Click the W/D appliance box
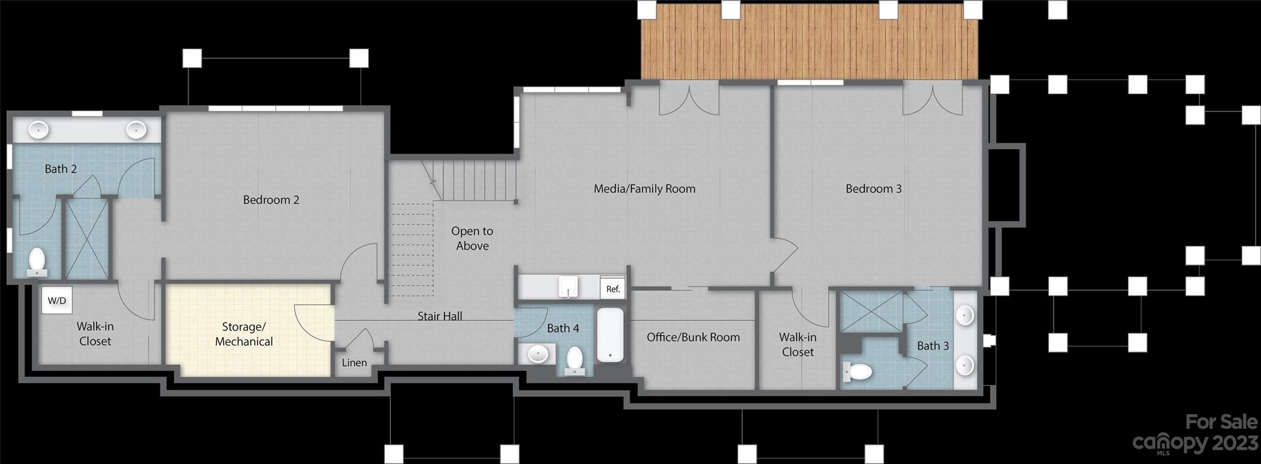click(57, 301)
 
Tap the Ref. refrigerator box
click(613, 288)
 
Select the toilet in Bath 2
click(37, 261)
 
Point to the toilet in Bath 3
click(858, 372)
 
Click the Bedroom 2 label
click(271, 200)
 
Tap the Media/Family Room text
click(644, 189)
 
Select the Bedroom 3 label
click(873, 189)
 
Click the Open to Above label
click(472, 238)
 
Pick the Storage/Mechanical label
click(244, 334)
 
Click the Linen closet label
click(354, 362)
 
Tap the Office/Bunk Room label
click(693, 337)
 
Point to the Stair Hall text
click(440, 316)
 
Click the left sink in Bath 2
click(39, 129)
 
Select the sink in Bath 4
click(538, 354)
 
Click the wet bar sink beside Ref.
click(568, 287)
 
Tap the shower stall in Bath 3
click(871, 311)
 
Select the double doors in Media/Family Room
click(689, 100)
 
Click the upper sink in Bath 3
click(964, 315)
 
